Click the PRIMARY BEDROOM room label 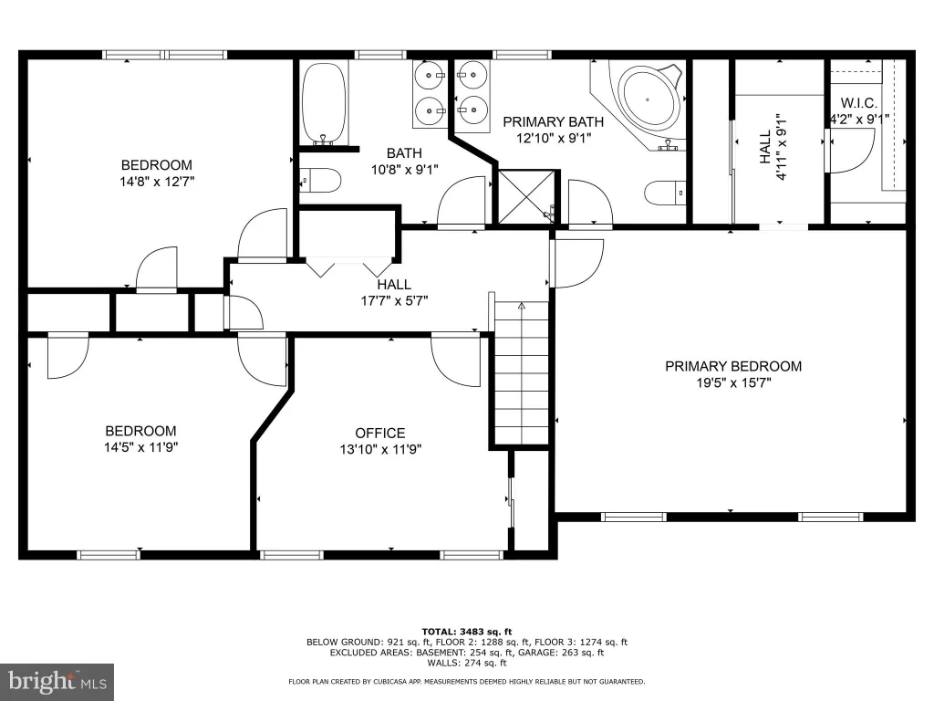[733, 366]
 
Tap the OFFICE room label [380, 434]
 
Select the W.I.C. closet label [858, 103]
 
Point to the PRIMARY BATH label [554, 122]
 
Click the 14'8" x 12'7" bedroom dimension [157, 182]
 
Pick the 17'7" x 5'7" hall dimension [394, 301]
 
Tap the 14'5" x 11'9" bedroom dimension [141, 447]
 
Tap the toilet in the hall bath [319, 180]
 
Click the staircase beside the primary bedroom [522, 372]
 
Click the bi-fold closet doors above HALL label [349, 267]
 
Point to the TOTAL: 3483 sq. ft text [467, 632]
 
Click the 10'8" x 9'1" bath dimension [404, 170]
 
